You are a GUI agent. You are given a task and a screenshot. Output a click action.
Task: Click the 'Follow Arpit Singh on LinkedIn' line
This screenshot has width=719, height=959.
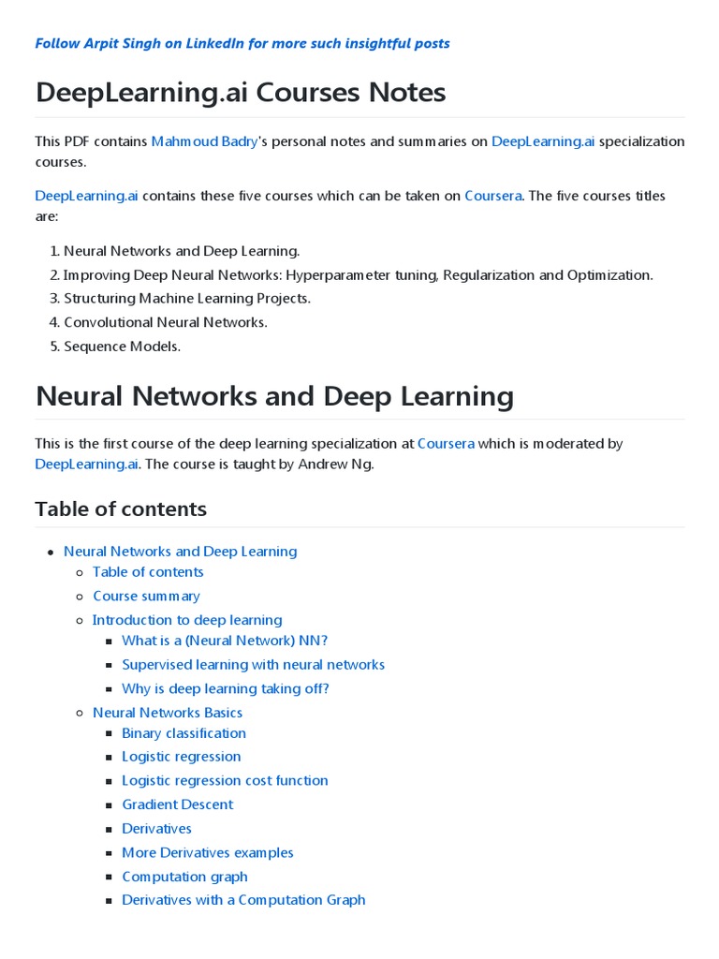click(242, 43)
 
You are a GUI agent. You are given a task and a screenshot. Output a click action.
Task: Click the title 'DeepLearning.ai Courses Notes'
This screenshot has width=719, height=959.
click(241, 93)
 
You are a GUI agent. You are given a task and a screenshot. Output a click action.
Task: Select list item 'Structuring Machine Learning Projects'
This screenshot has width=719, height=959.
click(186, 299)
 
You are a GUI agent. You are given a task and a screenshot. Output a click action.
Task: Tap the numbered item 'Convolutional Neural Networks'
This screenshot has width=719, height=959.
click(165, 322)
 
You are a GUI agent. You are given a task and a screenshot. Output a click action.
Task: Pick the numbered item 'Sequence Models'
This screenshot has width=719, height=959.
click(122, 347)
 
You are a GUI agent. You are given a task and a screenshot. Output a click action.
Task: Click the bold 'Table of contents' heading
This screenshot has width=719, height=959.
click(121, 509)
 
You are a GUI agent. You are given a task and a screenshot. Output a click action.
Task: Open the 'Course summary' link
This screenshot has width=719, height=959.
click(146, 596)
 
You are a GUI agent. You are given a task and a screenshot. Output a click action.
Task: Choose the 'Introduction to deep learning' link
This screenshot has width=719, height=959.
click(187, 620)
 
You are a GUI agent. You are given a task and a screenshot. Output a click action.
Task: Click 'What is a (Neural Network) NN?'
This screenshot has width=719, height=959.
click(225, 641)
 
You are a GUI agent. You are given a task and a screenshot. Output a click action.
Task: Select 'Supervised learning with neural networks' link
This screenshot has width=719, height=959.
click(253, 665)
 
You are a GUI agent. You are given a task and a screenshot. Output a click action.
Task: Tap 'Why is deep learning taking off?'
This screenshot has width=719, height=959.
click(226, 688)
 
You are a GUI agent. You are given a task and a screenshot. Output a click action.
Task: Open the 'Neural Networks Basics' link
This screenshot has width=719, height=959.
click(168, 713)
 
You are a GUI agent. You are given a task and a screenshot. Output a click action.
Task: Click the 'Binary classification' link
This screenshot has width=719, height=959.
click(183, 733)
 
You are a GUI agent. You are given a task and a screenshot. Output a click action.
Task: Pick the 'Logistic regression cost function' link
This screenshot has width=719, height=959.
click(225, 780)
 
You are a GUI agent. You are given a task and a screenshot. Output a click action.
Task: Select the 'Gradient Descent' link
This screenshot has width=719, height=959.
click(178, 804)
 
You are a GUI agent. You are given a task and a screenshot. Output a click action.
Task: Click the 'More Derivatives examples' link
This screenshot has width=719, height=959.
click(208, 852)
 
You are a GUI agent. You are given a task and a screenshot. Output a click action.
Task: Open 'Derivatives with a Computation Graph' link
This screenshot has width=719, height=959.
click(243, 900)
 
